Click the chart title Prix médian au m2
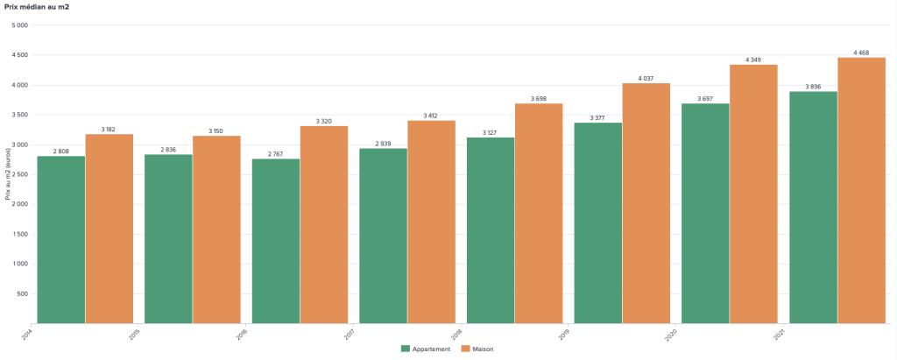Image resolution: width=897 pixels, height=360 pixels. pos(36,7)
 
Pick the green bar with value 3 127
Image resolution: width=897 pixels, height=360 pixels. pos(491,230)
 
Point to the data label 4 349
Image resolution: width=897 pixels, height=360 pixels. pos(753,60)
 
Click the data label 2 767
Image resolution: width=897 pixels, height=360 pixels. pos(276,153)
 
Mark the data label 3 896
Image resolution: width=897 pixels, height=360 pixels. pos(813,87)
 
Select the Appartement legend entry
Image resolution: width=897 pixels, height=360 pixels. pos(427,349)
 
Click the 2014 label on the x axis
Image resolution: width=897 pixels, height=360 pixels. pos(27,334)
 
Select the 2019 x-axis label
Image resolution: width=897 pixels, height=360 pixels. pos(564,334)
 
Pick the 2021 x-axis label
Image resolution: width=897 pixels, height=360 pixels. pos(779,334)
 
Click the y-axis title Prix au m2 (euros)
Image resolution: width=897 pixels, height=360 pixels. pos(8,174)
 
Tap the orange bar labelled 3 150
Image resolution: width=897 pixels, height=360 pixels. pos(216,229)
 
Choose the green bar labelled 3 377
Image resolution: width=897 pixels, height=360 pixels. pos(598,222)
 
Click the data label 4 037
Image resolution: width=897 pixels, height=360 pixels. pos(646,78)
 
